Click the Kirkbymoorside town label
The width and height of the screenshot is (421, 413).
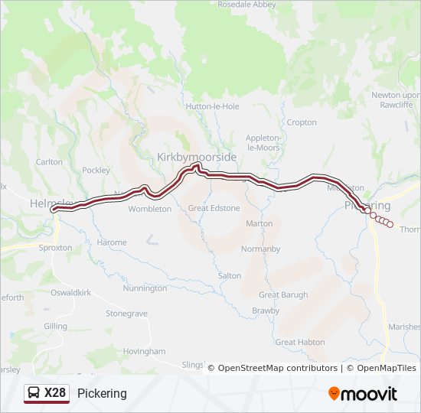point(197,156)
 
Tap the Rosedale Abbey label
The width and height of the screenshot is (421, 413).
point(246,5)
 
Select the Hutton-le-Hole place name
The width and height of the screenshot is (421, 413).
point(217,106)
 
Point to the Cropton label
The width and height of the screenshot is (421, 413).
point(301,122)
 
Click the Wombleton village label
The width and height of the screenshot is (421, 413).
point(150,209)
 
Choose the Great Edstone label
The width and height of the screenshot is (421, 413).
point(214,208)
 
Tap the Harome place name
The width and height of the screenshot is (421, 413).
point(112,242)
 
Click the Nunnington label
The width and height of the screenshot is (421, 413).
point(144,288)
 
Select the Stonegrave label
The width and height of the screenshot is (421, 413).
point(126,314)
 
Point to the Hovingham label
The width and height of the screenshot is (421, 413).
point(144,351)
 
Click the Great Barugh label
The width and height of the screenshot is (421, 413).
point(283,294)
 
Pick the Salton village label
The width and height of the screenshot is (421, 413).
point(229,275)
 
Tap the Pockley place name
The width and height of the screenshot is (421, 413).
point(96,171)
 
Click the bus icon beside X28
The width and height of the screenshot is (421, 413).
point(34,393)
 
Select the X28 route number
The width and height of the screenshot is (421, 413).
point(55,393)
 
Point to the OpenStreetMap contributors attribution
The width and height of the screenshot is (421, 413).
point(277,368)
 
